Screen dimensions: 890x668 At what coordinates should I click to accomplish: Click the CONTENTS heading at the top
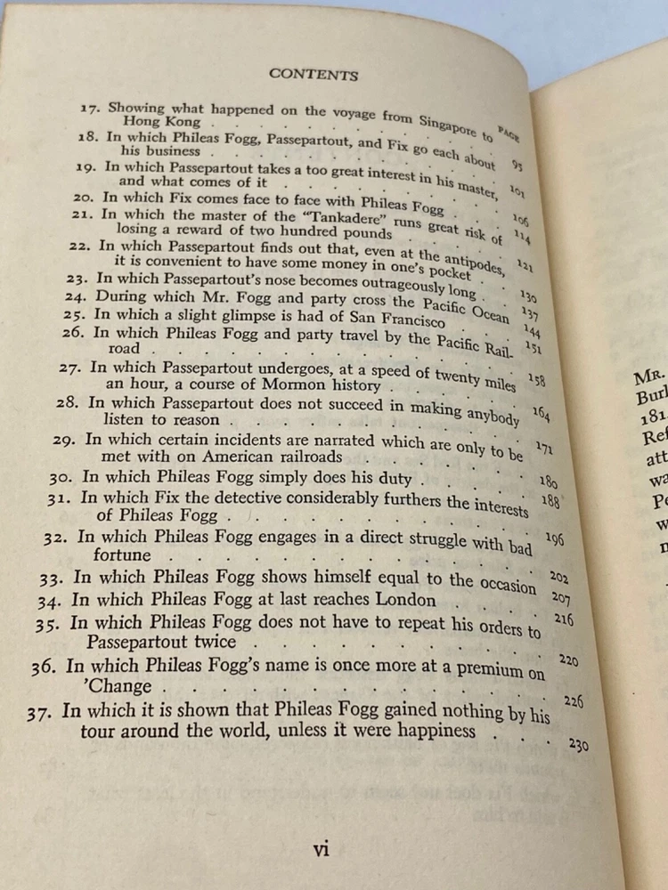pos(313,75)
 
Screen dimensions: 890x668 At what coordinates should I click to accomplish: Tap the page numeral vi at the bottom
pos(322,848)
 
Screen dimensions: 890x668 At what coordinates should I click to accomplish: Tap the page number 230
pos(578,745)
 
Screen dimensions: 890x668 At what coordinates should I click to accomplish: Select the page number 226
pos(573,702)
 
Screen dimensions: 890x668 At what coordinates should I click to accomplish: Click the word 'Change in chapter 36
pos(119,686)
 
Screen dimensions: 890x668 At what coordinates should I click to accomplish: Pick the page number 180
pos(548,481)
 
